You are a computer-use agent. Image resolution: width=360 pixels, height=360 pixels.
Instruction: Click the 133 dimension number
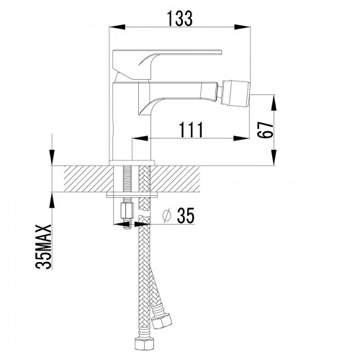coord(180,19)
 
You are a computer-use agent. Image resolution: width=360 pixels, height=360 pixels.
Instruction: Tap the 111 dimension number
coord(192,130)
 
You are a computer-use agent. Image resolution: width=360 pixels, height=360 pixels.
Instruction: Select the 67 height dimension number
coord(265,130)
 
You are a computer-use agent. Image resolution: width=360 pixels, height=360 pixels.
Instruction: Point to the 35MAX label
coord(44,247)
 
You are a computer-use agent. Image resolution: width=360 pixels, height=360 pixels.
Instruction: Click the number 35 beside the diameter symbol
coord(186,215)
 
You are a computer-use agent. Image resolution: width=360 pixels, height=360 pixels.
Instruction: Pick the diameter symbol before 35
coord(167,215)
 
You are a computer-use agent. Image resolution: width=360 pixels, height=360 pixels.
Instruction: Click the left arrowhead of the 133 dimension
coord(117,27)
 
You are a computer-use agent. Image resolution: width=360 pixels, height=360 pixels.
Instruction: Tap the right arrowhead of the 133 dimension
coord(242,27)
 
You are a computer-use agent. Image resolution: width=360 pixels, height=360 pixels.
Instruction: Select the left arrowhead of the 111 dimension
coord(140,138)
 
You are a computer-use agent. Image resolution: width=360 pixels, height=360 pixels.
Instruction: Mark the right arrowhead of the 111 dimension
coord(241,138)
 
